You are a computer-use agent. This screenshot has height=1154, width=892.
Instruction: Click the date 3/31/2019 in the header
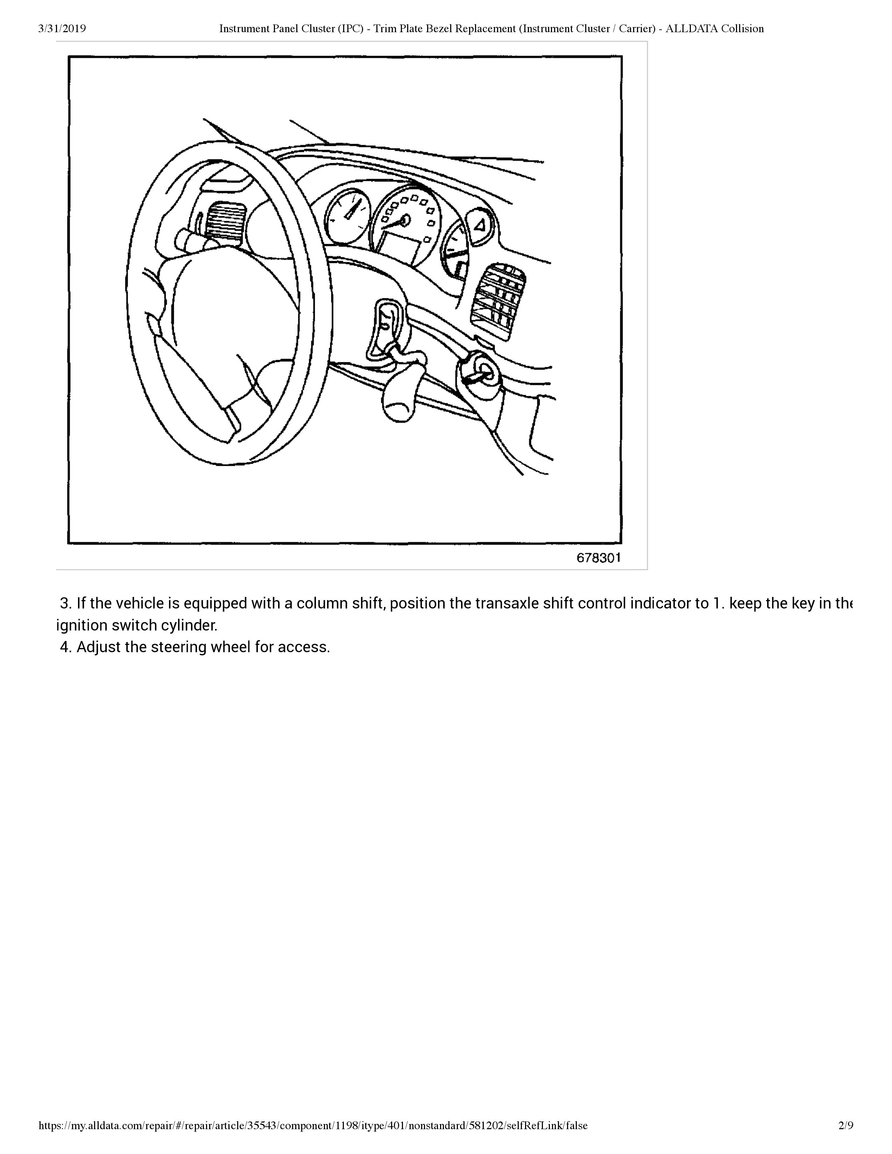62,29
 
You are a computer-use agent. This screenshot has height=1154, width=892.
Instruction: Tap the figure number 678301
598,558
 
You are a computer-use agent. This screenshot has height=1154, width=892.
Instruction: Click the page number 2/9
845,1125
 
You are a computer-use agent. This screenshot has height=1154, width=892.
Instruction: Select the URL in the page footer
313,1125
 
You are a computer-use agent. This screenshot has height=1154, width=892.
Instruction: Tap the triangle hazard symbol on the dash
480,226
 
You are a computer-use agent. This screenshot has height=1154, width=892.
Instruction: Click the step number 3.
65,603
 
